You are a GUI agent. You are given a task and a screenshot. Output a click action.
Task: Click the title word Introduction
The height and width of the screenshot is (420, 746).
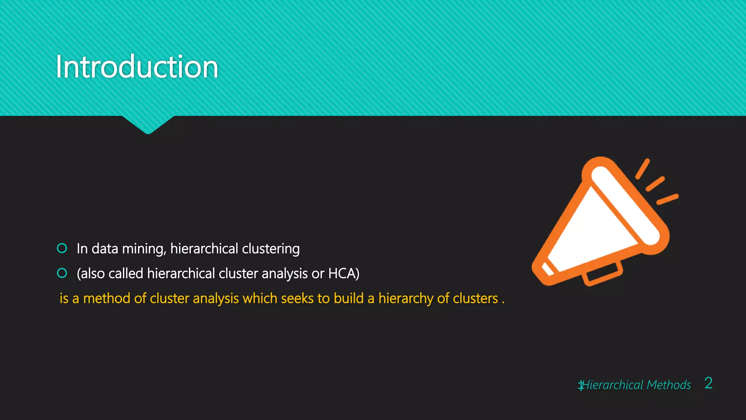click(137, 67)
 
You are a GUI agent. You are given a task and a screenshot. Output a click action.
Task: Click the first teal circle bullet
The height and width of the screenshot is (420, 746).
click(62, 248)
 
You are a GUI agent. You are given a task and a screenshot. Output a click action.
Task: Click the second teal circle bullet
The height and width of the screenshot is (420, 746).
click(62, 273)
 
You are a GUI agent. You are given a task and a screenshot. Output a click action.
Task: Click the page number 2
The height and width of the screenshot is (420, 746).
click(708, 383)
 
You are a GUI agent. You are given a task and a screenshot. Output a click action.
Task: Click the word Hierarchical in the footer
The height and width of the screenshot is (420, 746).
click(613, 385)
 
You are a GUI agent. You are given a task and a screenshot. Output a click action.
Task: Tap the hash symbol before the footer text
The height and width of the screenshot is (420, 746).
click(581, 385)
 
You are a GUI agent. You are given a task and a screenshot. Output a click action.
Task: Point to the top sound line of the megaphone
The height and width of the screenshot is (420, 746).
click(643, 169)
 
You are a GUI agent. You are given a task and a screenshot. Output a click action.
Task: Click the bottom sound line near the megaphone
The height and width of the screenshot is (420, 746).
click(667, 199)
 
